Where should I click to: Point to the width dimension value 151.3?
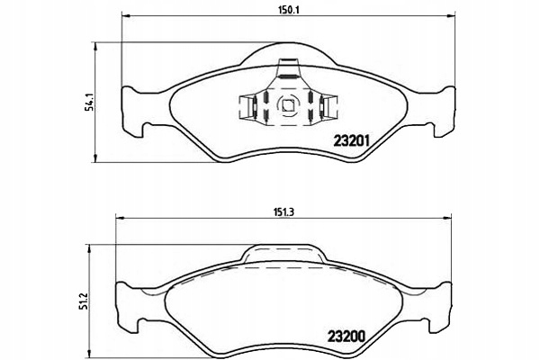[x=280, y=211]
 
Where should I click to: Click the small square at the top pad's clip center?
[x=290, y=105]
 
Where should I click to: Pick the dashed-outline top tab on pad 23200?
[x=283, y=256]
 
